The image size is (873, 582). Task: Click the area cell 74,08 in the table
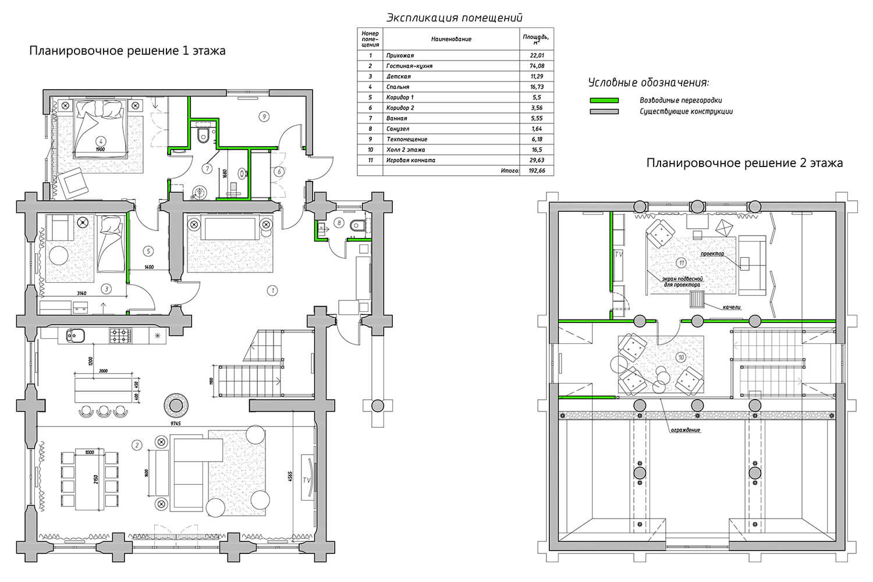click(537, 66)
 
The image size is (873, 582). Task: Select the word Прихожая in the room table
click(400, 55)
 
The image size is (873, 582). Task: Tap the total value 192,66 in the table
click(537, 171)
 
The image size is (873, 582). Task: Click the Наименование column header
click(451, 39)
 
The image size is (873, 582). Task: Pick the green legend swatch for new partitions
click(604, 101)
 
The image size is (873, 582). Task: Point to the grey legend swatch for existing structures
click(604, 112)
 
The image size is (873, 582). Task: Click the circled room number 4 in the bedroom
click(101, 141)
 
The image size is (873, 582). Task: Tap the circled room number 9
click(264, 116)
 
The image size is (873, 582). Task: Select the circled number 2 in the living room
click(136, 445)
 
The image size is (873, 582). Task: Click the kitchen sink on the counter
click(76, 335)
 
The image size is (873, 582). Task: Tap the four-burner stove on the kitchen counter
click(120, 336)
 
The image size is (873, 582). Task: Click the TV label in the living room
click(306, 480)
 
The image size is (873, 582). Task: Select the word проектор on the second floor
click(712, 254)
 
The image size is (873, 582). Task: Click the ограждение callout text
click(685, 430)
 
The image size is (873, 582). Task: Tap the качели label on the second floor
click(731, 307)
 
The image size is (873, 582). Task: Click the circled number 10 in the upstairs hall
click(682, 357)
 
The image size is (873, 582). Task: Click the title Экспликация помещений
click(455, 18)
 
